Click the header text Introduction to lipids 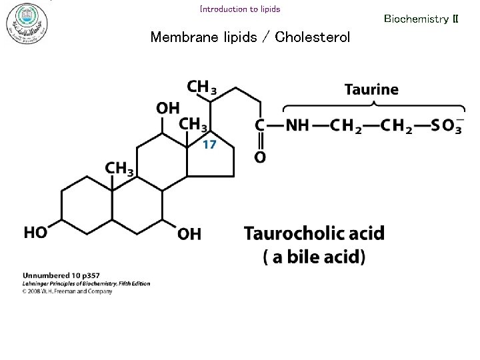240,9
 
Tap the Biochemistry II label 421,19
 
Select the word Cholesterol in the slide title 312,37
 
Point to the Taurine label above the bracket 371,89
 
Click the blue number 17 209,145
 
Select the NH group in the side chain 297,126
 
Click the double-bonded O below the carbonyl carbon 260,157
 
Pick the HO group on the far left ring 36,233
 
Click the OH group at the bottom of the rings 189,234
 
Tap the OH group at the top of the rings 168,108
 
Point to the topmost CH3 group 201,87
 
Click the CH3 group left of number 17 194,125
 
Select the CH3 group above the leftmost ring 119,169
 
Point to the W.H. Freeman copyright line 67,291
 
